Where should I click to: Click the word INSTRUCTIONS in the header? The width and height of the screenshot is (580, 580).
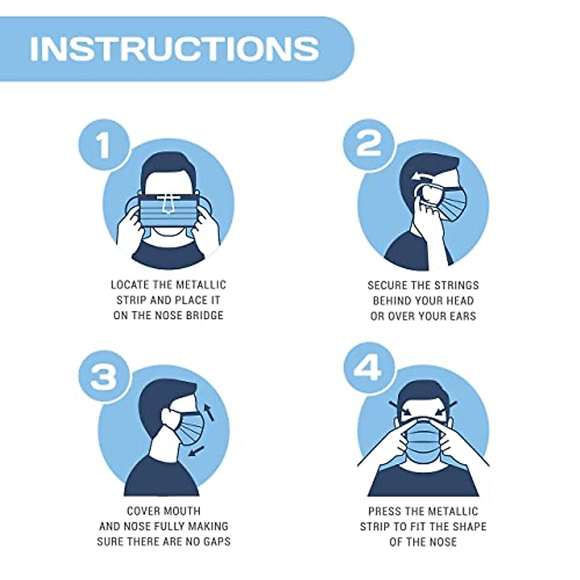[174, 48]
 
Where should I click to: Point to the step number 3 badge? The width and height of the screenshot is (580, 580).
[103, 377]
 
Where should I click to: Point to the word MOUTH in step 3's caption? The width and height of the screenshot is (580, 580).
[183, 511]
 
